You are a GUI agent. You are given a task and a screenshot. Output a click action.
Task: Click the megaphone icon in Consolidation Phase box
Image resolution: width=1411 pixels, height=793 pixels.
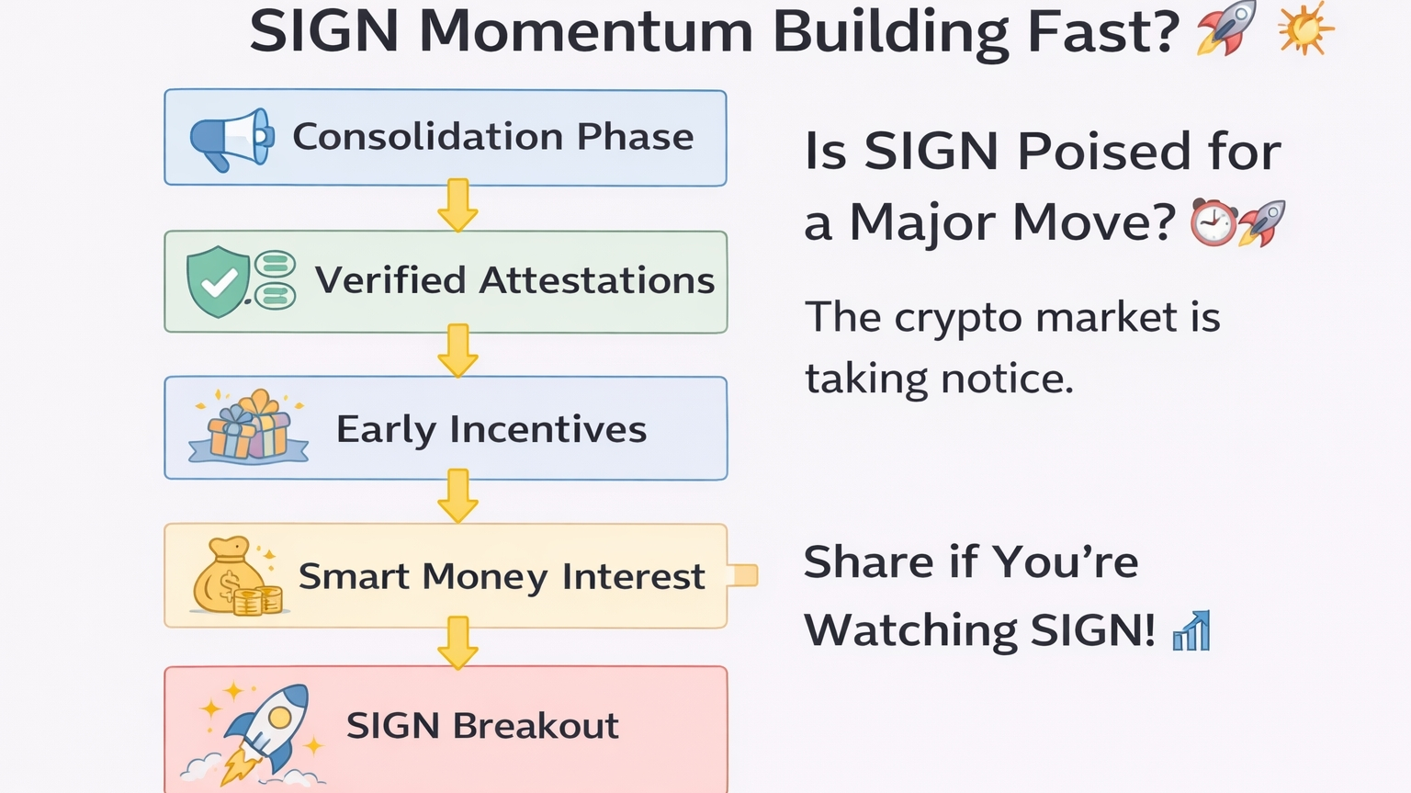(231, 139)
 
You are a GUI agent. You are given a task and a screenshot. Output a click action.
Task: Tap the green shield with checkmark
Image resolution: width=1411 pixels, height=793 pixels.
(218, 281)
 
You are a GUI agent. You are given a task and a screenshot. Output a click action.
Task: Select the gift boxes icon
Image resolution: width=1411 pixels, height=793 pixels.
(248, 426)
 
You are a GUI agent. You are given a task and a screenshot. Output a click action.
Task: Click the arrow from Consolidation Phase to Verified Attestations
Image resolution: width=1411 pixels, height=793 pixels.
(458, 205)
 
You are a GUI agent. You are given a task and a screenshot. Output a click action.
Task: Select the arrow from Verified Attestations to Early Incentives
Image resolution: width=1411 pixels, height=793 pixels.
(458, 351)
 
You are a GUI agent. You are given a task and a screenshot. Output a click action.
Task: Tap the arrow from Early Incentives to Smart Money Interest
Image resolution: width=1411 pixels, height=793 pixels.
(458, 495)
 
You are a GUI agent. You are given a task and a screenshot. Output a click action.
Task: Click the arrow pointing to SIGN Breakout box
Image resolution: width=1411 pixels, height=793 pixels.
(458, 642)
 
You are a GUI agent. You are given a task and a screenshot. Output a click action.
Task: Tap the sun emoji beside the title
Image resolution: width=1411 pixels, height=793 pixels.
(1305, 28)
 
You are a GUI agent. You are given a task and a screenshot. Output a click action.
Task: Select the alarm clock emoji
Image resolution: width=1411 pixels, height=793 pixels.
(1213, 222)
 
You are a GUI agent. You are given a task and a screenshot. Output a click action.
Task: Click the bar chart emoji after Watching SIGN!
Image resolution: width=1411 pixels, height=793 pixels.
(1191, 629)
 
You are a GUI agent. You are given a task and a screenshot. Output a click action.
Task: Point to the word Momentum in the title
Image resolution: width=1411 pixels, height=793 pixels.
(586, 31)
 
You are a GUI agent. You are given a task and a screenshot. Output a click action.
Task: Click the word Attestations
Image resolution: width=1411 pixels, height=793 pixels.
(597, 280)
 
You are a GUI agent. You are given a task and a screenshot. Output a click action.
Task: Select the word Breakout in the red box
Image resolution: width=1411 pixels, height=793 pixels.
(536, 726)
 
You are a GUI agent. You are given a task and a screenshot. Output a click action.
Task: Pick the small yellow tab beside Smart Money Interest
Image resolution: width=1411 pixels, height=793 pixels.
(743, 575)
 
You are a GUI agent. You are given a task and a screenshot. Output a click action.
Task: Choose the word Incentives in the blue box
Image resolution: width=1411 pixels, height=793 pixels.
(548, 429)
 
